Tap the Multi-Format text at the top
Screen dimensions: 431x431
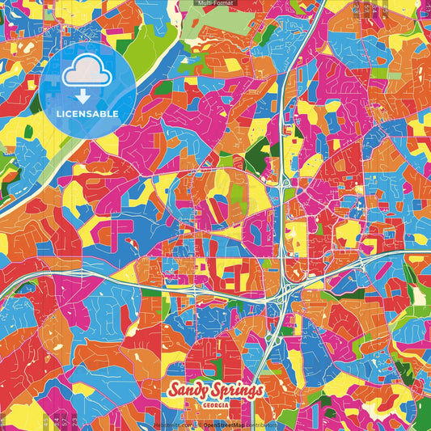pos(214,4)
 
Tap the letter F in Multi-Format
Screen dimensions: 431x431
pos(216,4)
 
